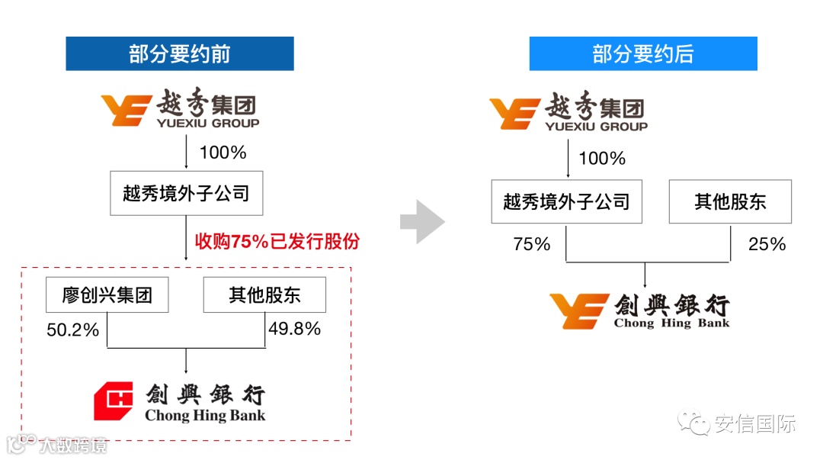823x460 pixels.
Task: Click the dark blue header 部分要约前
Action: point(179,53)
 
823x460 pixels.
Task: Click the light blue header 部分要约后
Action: point(642,53)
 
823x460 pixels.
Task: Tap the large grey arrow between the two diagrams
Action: point(421,221)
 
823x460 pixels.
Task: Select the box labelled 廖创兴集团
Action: point(107,294)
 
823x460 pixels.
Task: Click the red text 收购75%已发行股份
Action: point(277,242)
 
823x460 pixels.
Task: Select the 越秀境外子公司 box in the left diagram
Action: point(186,193)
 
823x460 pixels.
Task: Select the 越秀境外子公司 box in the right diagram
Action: point(566,201)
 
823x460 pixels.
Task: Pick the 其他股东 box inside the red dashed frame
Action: point(264,294)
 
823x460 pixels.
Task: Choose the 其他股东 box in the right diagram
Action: point(730,201)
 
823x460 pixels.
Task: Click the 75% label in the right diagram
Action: point(531,244)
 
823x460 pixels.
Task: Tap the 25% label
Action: point(767,244)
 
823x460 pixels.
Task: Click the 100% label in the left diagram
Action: point(223,153)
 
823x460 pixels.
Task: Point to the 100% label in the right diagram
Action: point(602,159)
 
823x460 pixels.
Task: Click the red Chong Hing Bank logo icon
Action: point(114,401)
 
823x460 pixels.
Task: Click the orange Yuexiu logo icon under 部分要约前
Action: point(126,110)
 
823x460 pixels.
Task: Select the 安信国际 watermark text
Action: point(754,424)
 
